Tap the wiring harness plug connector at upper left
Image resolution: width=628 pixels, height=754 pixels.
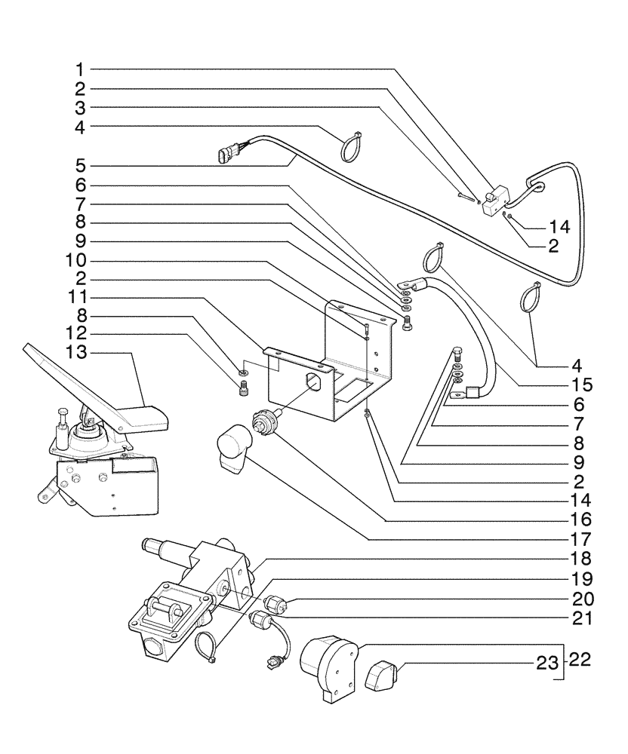pos(226,156)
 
